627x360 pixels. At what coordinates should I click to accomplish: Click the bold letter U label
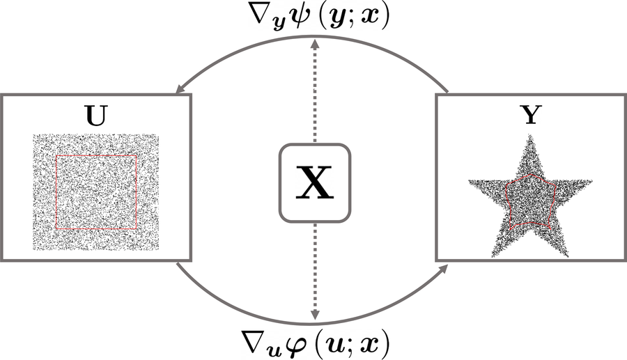pos(96,116)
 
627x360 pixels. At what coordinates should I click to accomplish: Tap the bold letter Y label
pos(531,115)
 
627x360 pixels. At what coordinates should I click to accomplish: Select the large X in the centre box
pos(315,182)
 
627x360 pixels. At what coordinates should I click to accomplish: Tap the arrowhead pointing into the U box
pos(180,89)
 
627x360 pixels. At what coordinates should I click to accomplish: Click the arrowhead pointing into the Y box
pos(442,269)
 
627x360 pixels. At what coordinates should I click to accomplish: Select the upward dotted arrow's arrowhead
pos(315,44)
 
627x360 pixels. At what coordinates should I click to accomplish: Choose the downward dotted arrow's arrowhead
pos(315,315)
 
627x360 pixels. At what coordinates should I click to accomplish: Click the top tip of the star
pos(531,135)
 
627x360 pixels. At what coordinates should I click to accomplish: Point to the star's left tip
pos(469,180)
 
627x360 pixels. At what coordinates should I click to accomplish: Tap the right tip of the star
pos(592,180)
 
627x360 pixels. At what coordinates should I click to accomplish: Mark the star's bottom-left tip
pos(493,256)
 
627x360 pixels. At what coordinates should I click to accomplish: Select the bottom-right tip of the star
pos(568,256)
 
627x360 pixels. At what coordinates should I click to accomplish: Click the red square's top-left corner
pos(56,155)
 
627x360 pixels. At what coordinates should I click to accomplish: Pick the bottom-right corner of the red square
pos(137,228)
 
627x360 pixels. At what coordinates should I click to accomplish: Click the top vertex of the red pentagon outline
pos(530,174)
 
